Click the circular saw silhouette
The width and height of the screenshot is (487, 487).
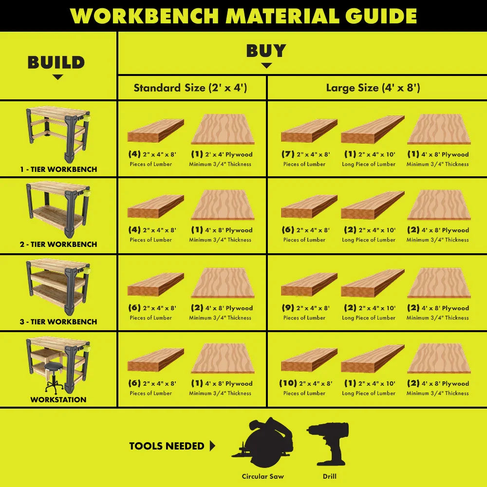coord(264,443)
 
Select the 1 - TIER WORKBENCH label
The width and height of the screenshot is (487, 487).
coord(58,169)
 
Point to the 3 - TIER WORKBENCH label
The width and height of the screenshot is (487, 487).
coord(58,322)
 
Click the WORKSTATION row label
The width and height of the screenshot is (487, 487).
coord(58,400)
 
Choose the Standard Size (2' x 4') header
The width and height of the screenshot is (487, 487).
coord(190,88)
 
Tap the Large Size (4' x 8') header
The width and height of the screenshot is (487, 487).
coord(373,88)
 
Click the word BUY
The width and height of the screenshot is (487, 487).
coord(266,51)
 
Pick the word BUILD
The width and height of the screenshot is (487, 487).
coord(56,62)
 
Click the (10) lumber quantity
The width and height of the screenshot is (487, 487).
coord(288,383)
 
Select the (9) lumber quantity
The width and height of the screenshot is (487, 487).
coord(288,308)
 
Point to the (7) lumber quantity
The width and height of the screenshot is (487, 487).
coord(288,154)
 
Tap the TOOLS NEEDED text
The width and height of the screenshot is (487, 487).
coord(167,446)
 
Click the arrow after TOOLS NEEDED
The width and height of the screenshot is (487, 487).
coord(212,446)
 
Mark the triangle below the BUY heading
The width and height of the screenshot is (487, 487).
coord(266,65)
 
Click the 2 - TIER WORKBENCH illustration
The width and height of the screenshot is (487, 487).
coord(58,209)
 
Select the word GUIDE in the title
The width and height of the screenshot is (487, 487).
coord(381,16)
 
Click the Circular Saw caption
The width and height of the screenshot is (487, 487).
coord(263,476)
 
